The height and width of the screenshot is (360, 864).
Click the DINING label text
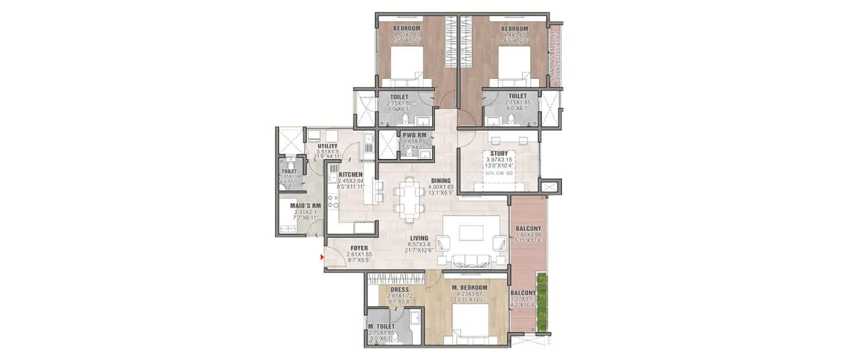441,180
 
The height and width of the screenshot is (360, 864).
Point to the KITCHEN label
350,174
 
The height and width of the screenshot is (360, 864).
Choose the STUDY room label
499,153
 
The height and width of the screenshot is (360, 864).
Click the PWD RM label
414,135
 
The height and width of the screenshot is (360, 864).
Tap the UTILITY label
327,146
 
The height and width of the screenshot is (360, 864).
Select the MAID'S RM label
293,206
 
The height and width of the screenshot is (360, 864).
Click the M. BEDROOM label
469,287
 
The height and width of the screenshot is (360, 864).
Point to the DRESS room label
399,290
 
